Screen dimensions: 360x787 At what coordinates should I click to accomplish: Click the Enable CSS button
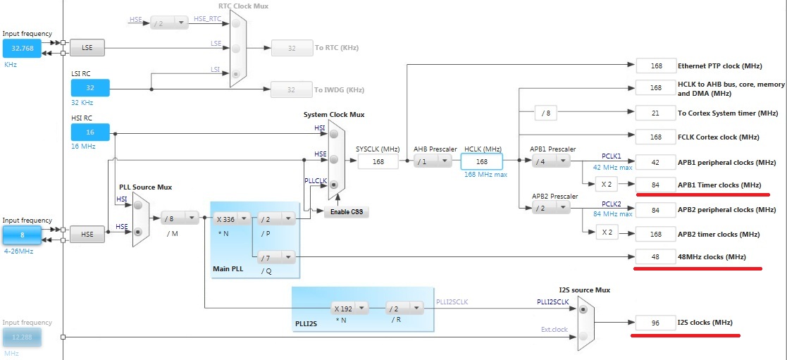[x=347, y=212]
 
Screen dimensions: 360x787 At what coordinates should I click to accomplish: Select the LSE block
[x=87, y=48]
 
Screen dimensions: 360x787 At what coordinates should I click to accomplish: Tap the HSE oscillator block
[x=87, y=235]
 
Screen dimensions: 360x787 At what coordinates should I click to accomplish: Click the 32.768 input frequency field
[x=22, y=48]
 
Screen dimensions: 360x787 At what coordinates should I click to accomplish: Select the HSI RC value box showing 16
[x=90, y=132]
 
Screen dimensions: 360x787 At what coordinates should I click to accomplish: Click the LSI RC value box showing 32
[x=90, y=87]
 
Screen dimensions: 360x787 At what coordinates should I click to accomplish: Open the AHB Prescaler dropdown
[x=433, y=161]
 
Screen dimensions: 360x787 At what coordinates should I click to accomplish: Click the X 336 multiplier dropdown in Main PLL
[x=232, y=218]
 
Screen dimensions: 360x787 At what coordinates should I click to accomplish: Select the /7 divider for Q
[x=276, y=257]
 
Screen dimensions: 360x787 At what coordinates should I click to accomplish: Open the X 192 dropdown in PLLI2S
[x=350, y=308]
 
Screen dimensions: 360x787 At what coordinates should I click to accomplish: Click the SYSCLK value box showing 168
[x=378, y=161]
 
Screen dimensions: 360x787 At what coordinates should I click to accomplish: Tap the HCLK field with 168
[x=482, y=161]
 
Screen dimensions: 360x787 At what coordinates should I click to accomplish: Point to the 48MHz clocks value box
[x=655, y=256]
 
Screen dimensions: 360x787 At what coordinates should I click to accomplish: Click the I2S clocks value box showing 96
[x=655, y=323]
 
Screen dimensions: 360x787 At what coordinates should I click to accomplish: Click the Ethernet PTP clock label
[x=719, y=66]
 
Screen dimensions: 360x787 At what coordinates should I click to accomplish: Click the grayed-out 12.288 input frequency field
[x=22, y=337]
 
